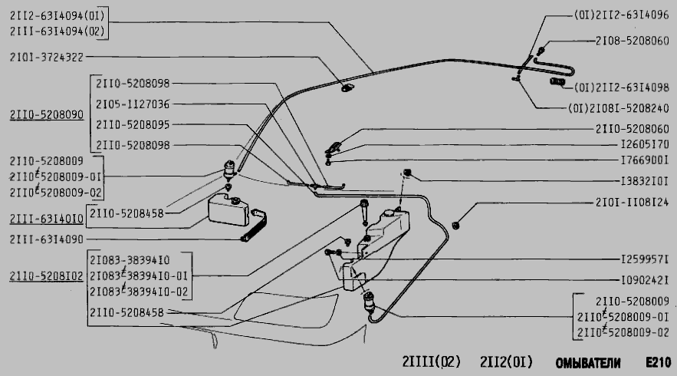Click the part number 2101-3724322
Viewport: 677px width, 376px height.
pos(47,57)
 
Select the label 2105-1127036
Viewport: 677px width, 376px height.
pos(133,104)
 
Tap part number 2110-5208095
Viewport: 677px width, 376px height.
pos(133,124)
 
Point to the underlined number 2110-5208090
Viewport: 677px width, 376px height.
pos(47,114)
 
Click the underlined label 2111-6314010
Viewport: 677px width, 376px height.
pos(47,219)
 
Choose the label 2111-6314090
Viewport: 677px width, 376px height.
pos(47,239)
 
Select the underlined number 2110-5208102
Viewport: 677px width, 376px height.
pos(46,276)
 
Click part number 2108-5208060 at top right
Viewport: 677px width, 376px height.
pos(632,41)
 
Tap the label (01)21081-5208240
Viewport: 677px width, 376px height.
pos(619,108)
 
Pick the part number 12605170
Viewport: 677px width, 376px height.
pos(645,144)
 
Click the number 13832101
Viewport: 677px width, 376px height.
pos(645,181)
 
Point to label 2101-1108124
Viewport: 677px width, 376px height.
pos(632,202)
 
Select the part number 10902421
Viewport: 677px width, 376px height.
pos(645,281)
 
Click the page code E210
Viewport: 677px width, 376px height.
pos(659,362)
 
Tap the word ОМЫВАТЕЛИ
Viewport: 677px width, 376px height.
pos(588,363)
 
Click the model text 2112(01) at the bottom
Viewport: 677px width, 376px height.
pos(507,361)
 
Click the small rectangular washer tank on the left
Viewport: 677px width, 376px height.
pos(228,210)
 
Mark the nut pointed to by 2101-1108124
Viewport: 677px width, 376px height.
pos(455,225)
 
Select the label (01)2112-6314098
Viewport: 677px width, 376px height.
pos(622,87)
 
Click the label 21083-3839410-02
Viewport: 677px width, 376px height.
pos(139,292)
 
